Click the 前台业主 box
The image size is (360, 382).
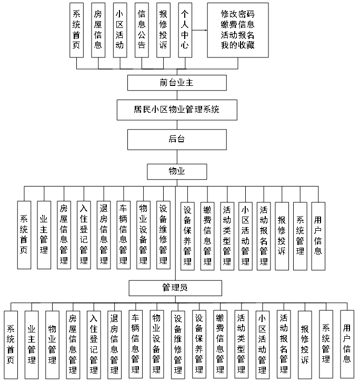tap(177, 83)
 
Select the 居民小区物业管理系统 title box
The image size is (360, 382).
tap(177, 110)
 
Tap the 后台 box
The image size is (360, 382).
tap(177, 139)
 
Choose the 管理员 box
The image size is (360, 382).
tap(176, 288)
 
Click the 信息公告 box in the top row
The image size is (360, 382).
tap(141, 30)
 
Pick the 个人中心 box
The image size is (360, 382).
tap(184, 30)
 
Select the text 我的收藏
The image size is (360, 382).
tap(238, 45)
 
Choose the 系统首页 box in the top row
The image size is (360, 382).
tap(76, 30)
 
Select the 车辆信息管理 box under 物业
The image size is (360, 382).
tap(124, 235)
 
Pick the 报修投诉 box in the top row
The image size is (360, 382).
tap(163, 30)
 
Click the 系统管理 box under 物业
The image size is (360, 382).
tap(300, 235)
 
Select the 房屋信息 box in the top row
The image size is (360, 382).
tap(98, 30)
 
